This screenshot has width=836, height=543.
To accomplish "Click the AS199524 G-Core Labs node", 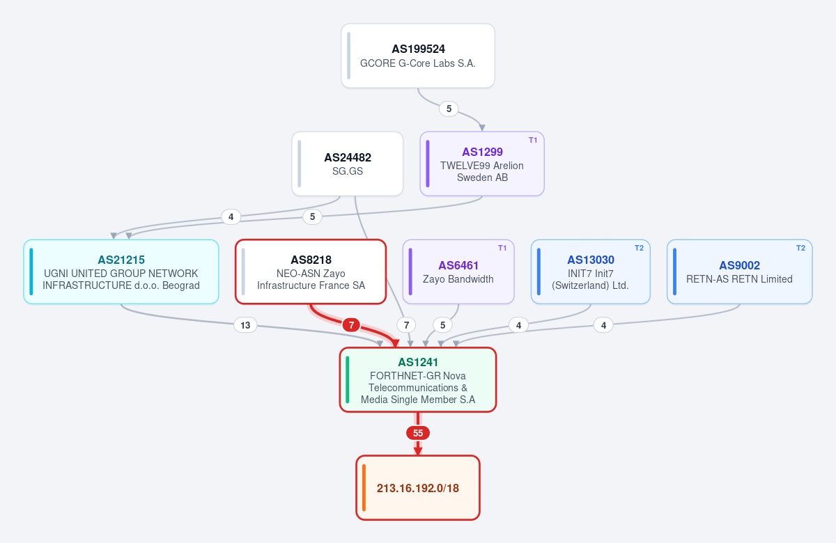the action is click(x=418, y=56).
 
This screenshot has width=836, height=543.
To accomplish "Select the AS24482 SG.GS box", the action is click(x=348, y=164).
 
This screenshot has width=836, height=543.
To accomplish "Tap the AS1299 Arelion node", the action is click(x=482, y=164).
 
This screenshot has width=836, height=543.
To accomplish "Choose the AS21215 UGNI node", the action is click(x=121, y=271).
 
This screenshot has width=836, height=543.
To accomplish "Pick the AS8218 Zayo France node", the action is click(x=311, y=271).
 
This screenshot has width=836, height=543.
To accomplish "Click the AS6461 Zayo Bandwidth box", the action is click(x=458, y=271).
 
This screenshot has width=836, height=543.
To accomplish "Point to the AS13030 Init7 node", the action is click(x=591, y=271).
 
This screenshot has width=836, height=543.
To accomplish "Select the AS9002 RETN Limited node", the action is click(x=740, y=271).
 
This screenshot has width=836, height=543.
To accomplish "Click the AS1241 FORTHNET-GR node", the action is click(x=418, y=379).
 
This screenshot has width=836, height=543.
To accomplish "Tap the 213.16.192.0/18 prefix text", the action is click(x=418, y=488).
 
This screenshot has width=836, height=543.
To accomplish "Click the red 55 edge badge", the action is click(x=418, y=433).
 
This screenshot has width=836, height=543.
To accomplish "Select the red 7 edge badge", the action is click(x=351, y=325).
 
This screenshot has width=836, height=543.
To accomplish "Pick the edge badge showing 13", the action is click(x=245, y=325).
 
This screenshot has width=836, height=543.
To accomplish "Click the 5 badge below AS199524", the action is click(x=449, y=109).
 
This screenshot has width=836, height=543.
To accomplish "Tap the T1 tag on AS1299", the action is click(x=533, y=140).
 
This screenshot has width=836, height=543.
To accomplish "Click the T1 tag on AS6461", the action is click(x=502, y=248).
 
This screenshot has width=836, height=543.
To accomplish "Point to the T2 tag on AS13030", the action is click(x=639, y=248).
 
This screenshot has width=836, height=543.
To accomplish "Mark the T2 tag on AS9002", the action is click(x=800, y=248).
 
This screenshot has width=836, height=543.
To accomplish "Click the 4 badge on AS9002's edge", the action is click(x=603, y=325).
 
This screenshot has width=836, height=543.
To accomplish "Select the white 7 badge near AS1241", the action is click(x=406, y=325).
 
